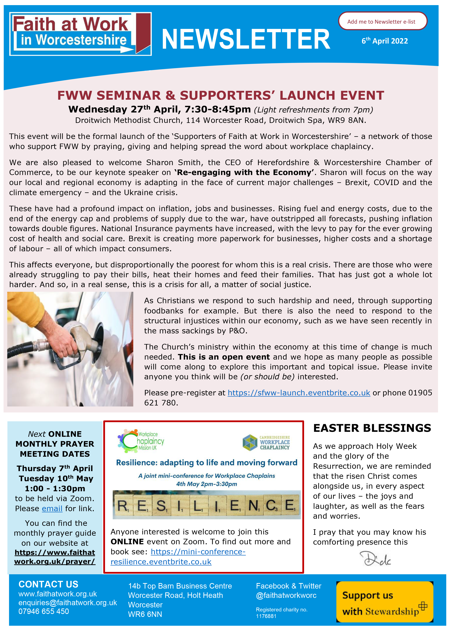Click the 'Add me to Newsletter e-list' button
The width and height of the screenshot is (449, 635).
tap(382, 21)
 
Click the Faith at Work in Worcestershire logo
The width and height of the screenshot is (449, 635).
tap(80, 34)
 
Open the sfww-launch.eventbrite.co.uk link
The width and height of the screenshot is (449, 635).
tap(299, 393)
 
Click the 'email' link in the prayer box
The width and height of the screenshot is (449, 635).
tap(52, 509)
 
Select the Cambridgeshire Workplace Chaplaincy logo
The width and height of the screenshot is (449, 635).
tap(266, 442)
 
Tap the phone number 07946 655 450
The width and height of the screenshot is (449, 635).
tap(44, 611)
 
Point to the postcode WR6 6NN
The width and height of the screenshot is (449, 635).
tap(145, 614)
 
